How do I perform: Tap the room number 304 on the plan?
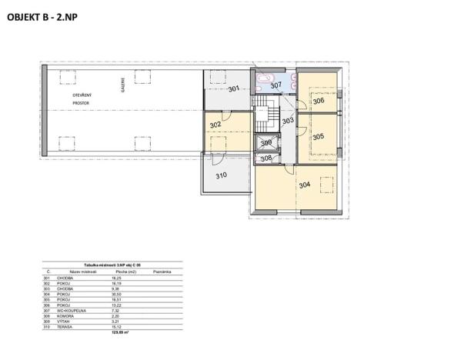(x=305, y=184)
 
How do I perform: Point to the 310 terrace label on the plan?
(x=221, y=175)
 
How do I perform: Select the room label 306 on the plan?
(x=318, y=101)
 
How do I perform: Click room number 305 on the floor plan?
(x=318, y=136)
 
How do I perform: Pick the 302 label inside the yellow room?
(x=215, y=125)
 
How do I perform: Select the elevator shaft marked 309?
(x=266, y=143)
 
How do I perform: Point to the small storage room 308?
(x=266, y=158)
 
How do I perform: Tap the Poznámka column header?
(x=162, y=272)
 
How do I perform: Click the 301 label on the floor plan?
(x=234, y=88)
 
